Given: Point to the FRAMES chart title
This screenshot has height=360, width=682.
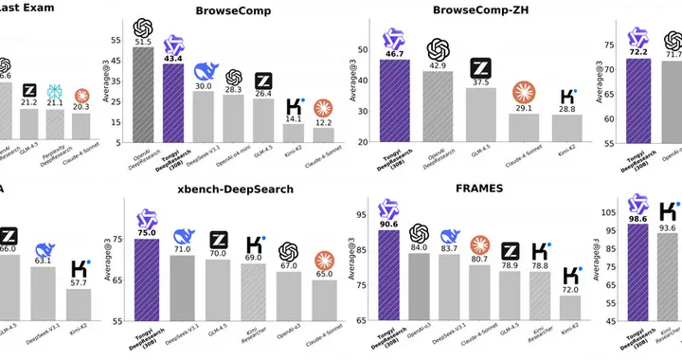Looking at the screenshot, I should coord(479,189).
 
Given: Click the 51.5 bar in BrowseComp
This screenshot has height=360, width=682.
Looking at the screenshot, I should coord(144,95).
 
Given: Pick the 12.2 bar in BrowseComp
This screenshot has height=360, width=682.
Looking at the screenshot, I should coord(325,135).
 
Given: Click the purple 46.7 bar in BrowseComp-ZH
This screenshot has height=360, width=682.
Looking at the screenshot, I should coord(393,100).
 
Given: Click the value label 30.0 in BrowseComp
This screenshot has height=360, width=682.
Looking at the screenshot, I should coord(204,85).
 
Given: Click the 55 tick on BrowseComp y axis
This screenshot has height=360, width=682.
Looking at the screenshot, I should coord(117,40).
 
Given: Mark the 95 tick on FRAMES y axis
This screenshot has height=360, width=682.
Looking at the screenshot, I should coord(362,215).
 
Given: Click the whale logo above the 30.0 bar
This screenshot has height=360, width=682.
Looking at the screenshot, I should coord(205,70).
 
